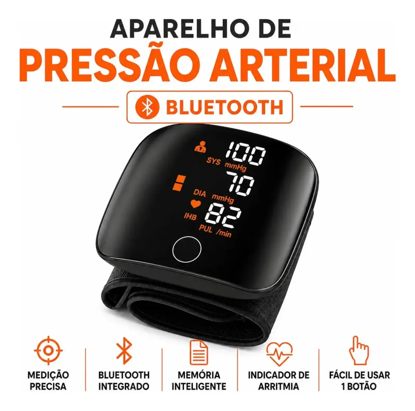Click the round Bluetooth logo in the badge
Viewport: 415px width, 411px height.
click(x=147, y=107)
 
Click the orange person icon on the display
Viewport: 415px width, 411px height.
click(x=200, y=147)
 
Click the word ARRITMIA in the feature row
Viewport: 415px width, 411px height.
click(x=278, y=386)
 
